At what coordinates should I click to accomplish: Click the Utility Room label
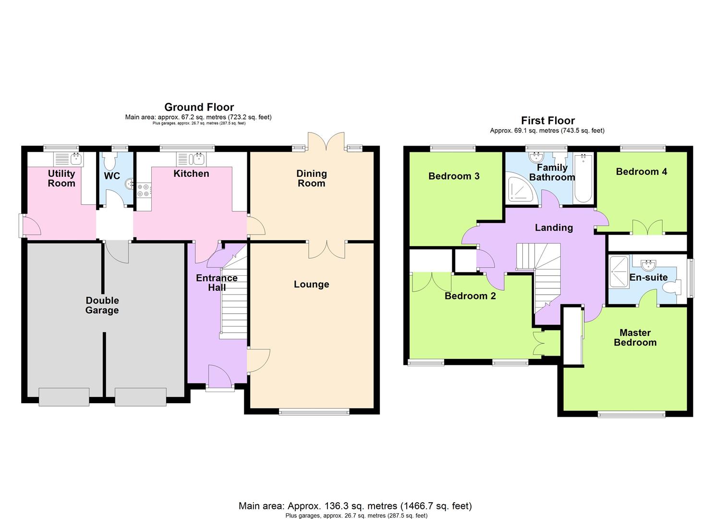[61, 178]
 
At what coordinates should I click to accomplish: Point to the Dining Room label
[311, 178]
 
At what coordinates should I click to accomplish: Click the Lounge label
[311, 284]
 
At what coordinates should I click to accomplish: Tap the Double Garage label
[102, 305]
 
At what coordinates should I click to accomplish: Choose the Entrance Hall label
[217, 283]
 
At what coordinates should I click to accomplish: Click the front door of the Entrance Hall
[220, 376]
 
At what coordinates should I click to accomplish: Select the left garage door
[64, 397]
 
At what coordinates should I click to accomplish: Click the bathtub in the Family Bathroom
[583, 178]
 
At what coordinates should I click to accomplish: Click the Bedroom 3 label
[454, 176]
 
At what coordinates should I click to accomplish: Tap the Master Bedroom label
[635, 337]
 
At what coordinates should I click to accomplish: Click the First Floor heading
[548, 121]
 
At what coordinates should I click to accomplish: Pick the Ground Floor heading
[199, 107]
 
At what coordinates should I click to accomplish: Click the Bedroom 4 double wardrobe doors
[647, 227]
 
